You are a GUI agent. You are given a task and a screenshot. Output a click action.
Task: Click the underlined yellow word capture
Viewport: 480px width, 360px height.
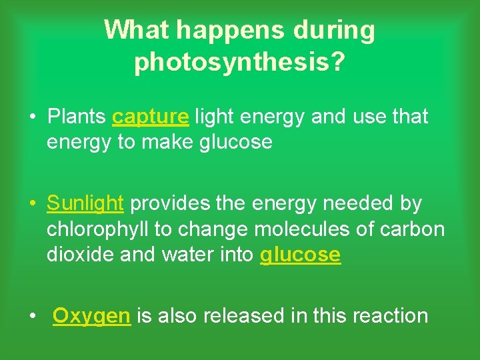pyautogui.click(x=151, y=117)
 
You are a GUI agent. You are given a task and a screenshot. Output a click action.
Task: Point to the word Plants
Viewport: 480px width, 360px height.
pyautogui.click(x=77, y=117)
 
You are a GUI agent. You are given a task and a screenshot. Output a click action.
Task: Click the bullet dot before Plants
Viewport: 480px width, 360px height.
pyautogui.click(x=32, y=117)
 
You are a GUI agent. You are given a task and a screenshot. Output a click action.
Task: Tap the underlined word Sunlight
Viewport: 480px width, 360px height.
pyautogui.click(x=85, y=203)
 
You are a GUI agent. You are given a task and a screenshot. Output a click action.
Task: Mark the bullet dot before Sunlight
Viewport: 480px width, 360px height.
pyautogui.click(x=32, y=203)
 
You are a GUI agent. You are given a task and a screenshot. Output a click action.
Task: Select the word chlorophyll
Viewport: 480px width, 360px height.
pyautogui.click(x=98, y=229)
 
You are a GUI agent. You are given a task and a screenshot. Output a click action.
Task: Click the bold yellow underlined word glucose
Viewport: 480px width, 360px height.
pyautogui.click(x=300, y=255)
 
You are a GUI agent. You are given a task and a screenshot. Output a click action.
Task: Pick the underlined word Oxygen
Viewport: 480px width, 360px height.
pyautogui.click(x=91, y=315)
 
